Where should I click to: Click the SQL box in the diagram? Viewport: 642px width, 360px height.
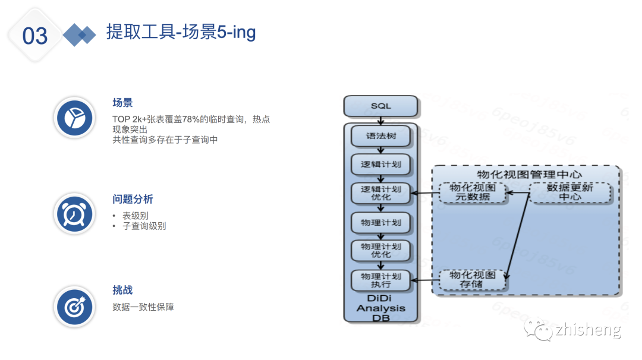pyautogui.click(x=381, y=106)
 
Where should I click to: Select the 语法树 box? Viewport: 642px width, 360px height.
pyautogui.click(x=381, y=136)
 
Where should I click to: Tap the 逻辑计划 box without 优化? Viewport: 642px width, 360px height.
pyautogui.click(x=381, y=165)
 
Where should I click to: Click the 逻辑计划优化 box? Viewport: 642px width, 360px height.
pyautogui.click(x=381, y=193)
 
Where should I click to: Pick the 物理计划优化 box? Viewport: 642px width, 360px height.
pyautogui.click(x=381, y=250)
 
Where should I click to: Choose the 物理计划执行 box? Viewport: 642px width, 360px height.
pyautogui.click(x=381, y=280)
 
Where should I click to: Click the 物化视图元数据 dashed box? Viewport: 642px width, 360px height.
pyautogui.click(x=474, y=192)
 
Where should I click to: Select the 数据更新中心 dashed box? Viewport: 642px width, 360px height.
pyautogui.click(x=569, y=192)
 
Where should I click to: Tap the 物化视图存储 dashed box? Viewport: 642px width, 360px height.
pyautogui.click(x=473, y=280)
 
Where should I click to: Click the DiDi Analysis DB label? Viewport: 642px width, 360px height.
pyautogui.click(x=380, y=308)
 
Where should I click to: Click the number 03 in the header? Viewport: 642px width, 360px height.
pyautogui.click(x=35, y=36)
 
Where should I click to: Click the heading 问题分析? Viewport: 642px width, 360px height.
pyautogui.click(x=133, y=199)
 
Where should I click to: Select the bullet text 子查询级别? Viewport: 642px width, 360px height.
pyautogui.click(x=144, y=226)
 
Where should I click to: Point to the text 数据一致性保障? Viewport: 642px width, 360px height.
pyautogui.click(x=143, y=307)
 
